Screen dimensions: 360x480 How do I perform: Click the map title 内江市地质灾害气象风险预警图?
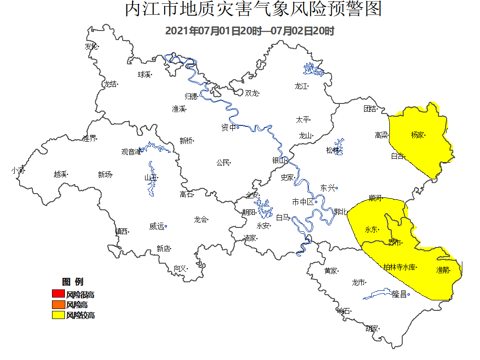point(253,10)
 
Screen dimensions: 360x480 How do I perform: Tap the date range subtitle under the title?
point(249,31)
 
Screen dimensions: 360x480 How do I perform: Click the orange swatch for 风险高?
point(58,305)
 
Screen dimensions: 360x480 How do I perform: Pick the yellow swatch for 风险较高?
point(58,315)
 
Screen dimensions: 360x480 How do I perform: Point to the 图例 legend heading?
point(73,282)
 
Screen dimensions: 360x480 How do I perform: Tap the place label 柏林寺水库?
point(399,267)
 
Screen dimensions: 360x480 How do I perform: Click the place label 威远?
point(157,226)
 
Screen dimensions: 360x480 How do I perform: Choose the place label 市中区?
point(303,202)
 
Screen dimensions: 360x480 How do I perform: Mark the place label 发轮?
point(91,47)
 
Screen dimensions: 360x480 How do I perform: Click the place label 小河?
point(18,170)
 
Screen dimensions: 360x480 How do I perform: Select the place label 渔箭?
point(442,270)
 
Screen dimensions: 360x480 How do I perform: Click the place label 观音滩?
point(131,152)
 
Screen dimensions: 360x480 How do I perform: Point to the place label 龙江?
point(301,86)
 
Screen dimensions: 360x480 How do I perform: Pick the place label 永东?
point(371,229)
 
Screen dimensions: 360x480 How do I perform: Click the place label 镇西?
point(121,231)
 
